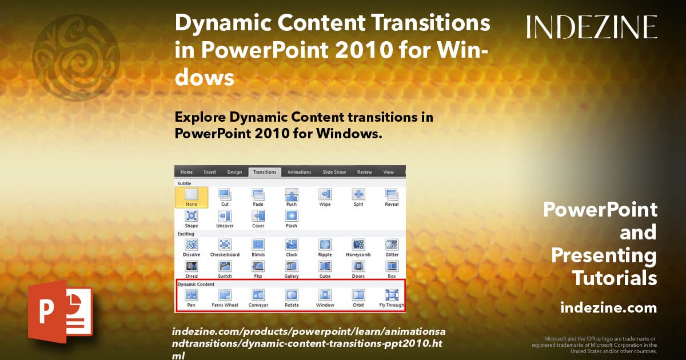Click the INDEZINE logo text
[x=592, y=27]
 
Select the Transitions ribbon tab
[x=265, y=172]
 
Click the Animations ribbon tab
[x=299, y=172]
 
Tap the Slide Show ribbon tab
[x=334, y=172]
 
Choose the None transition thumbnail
[x=192, y=197]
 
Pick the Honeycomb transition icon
[x=358, y=245]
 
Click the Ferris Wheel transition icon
[x=225, y=295]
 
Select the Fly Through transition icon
[x=392, y=295]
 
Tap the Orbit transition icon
[x=358, y=295]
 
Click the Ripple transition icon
[x=325, y=245]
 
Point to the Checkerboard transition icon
[x=225, y=245]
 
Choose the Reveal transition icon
[x=392, y=194]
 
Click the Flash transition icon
[x=292, y=216]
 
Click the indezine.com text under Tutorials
[x=608, y=308]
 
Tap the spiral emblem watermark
[x=77, y=50]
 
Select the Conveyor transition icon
[x=258, y=295]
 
